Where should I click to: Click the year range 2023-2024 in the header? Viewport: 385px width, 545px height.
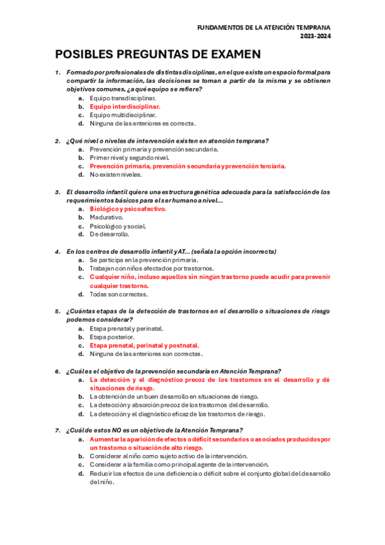315,37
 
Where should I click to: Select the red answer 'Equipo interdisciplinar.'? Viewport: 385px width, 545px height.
125,107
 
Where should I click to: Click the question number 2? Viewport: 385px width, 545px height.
58,141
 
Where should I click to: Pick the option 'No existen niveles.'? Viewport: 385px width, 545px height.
116,174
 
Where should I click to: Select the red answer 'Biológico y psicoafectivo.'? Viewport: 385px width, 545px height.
128,209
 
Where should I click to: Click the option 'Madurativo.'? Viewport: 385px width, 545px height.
107,217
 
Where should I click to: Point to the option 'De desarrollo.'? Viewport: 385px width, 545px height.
109,234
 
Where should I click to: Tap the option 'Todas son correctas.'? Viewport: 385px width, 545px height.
119,294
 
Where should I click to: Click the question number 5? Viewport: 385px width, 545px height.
58,311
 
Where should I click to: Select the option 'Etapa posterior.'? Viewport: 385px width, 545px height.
112,337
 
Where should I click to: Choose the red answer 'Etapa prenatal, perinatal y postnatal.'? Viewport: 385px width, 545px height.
144,345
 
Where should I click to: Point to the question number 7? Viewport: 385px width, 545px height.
58,431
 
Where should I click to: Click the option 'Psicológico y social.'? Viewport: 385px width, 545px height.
118,226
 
